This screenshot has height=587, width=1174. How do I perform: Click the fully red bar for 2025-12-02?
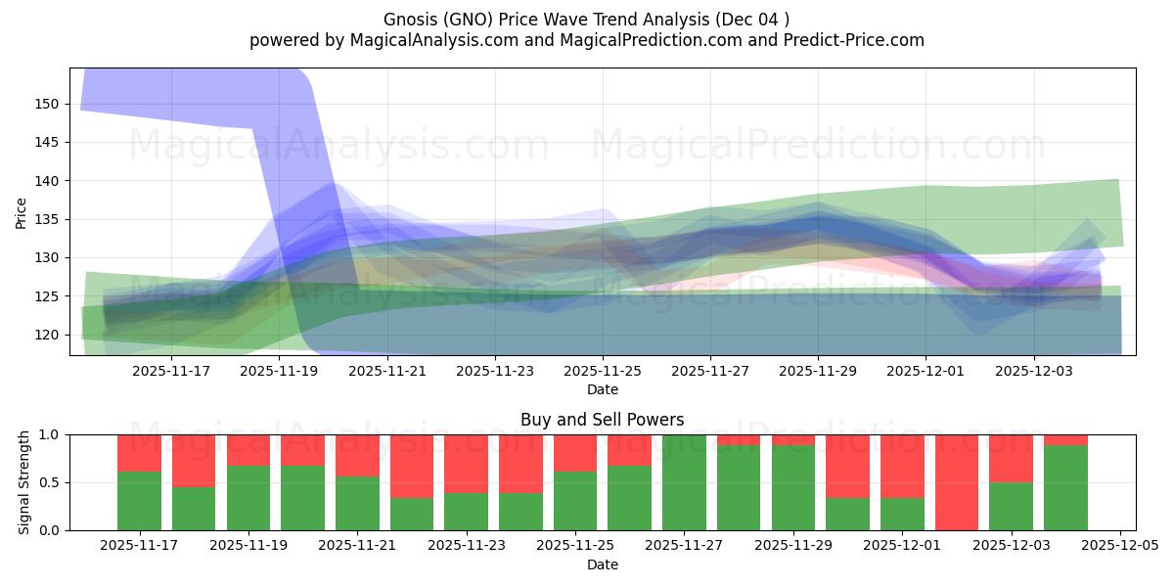click(956, 482)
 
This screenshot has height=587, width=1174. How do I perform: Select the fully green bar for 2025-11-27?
click(684, 482)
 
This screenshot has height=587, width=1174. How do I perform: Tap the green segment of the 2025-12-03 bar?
click(1011, 506)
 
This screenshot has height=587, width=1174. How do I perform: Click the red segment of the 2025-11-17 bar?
click(139, 453)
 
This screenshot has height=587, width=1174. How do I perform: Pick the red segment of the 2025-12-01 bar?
click(902, 466)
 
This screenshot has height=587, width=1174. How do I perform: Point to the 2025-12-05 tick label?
click(1119, 546)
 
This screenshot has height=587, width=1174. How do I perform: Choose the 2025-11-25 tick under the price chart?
click(603, 371)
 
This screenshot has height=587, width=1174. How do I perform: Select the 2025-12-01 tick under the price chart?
click(926, 371)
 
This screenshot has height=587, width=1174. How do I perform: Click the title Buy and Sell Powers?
click(603, 420)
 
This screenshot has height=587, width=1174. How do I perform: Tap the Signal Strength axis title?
click(23, 482)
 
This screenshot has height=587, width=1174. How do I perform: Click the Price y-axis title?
click(22, 211)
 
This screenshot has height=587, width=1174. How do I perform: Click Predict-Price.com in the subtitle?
click(862, 40)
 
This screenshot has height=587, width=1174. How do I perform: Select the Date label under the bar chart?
click(603, 564)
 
